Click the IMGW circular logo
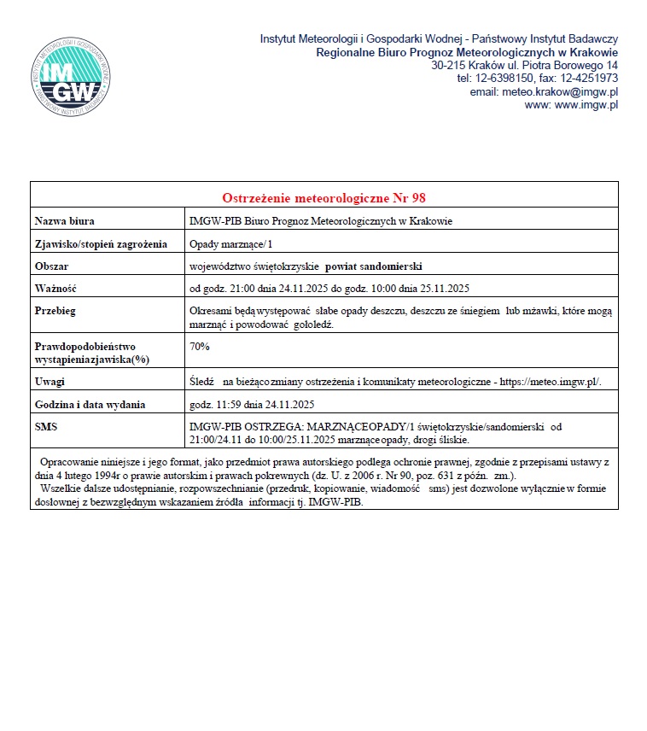tap(71, 78)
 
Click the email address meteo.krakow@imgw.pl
tap(561, 91)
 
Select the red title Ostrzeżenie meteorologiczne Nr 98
tap(323, 198)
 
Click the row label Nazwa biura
tap(64, 221)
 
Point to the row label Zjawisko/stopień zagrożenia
tap(101, 244)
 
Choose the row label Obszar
tap(51, 266)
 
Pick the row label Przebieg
tap(55, 311)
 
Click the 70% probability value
tap(200, 347)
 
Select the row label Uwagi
tap(50, 382)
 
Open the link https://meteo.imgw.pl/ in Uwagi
tap(550, 382)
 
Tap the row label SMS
tap(45, 425)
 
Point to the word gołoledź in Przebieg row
tap(307, 325)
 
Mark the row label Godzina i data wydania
tap(90, 404)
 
